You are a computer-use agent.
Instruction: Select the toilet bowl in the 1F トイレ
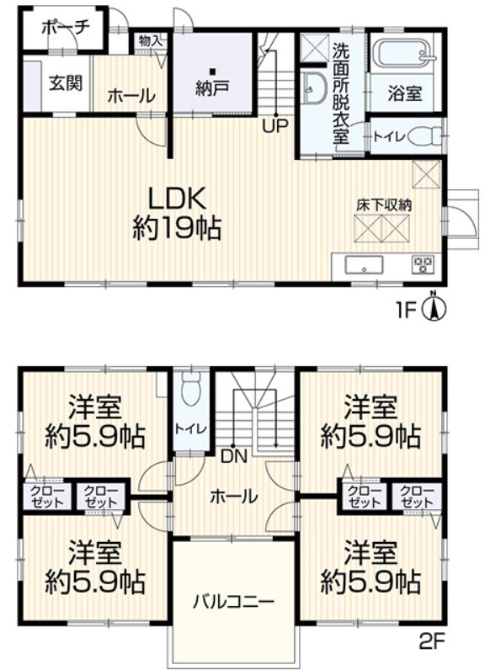[x=424, y=137]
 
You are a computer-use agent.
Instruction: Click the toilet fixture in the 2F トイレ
[x=190, y=387]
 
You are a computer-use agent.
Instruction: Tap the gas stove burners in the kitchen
[x=423, y=265]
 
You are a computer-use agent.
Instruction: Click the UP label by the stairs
[x=275, y=126]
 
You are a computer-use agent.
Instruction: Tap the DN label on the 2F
[x=234, y=457]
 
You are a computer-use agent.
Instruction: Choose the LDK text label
[x=177, y=199]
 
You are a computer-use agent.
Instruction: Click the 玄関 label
[x=66, y=82]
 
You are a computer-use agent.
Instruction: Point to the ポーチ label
[x=66, y=29]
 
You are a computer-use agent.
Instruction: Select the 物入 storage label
[x=151, y=41]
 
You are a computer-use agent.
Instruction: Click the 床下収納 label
[x=384, y=205]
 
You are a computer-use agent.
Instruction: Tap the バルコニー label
[x=233, y=603]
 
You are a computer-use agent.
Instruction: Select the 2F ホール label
[x=234, y=497]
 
